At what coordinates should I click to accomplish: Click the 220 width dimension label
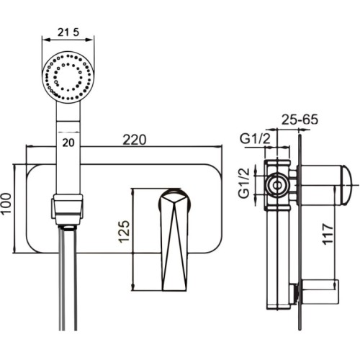135,140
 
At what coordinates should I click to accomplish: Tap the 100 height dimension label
6,203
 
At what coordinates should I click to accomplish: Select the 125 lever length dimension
125,231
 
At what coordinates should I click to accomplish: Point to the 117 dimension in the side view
328,234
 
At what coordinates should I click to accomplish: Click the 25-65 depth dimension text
300,120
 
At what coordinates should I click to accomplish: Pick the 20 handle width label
68,143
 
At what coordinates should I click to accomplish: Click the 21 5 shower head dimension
68,32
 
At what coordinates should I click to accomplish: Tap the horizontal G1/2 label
256,138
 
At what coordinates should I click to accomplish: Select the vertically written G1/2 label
245,183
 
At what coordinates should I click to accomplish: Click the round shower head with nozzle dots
68,77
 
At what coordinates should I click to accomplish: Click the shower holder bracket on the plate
68,210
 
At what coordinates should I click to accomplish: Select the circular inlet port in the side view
277,185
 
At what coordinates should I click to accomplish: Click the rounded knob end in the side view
346,185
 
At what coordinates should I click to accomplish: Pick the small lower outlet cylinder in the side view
319,292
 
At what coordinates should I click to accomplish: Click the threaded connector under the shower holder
68,228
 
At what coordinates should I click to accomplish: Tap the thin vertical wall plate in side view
300,233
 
